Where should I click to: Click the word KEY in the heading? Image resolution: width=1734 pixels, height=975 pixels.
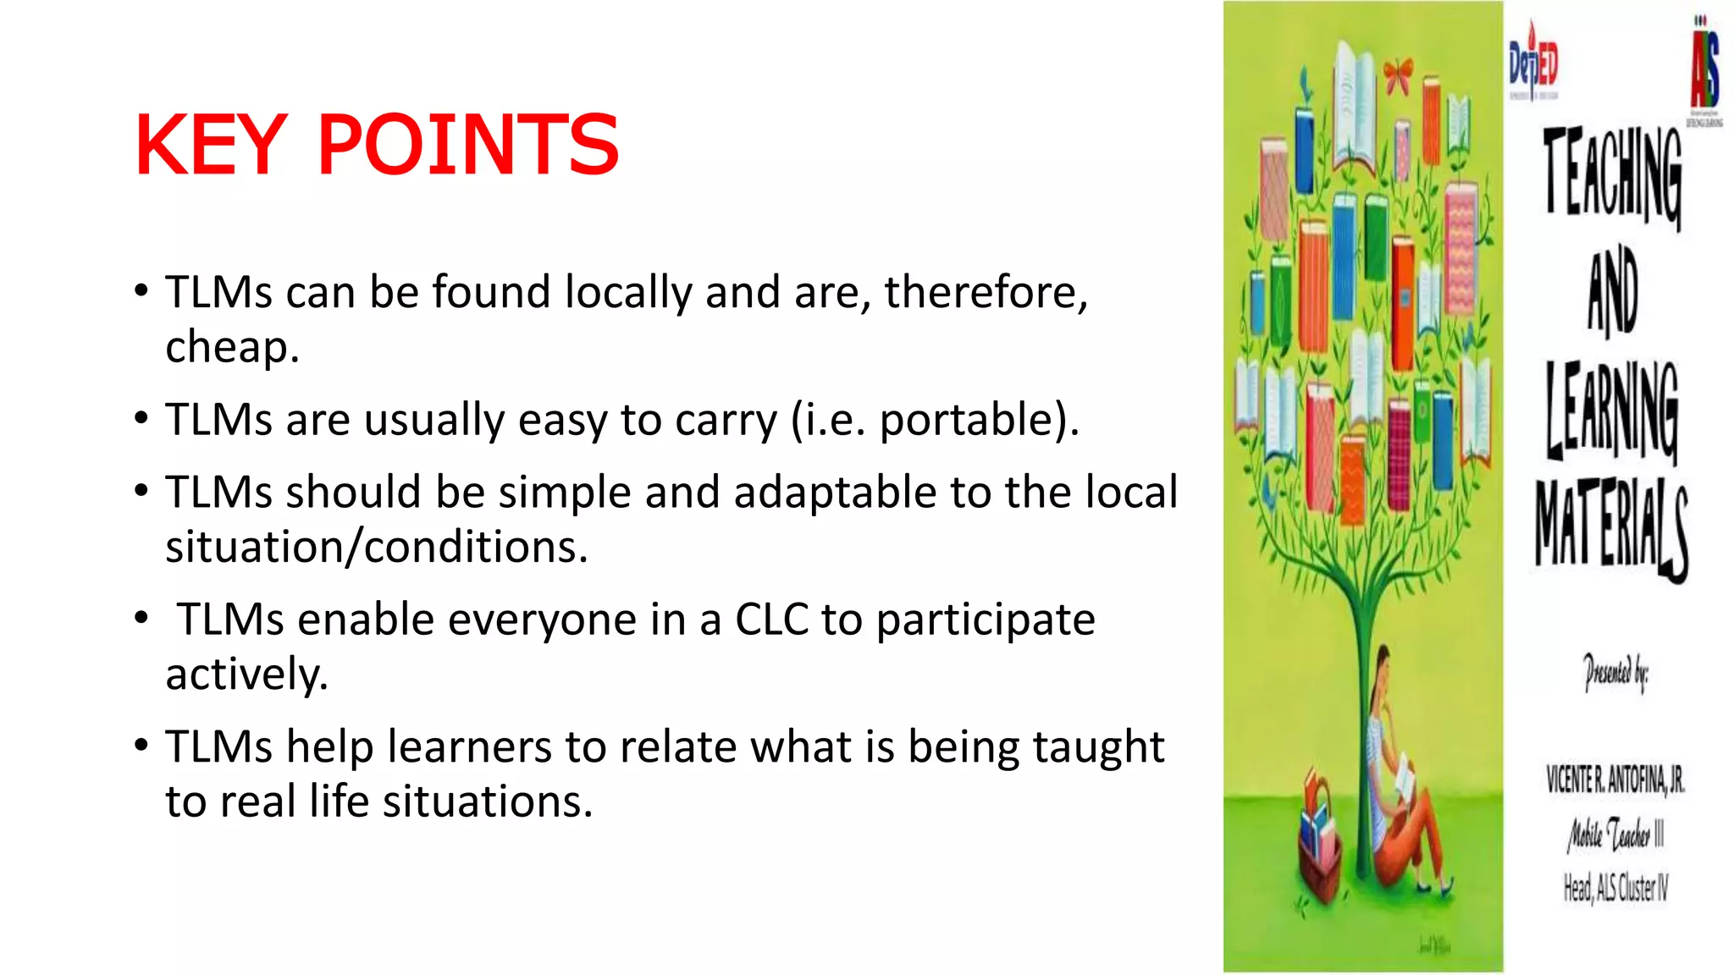click(211, 146)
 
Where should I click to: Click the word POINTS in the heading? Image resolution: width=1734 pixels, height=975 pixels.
click(468, 146)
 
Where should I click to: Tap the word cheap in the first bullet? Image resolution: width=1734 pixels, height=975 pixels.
click(230, 347)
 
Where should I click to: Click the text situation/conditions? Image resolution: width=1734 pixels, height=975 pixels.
click(376, 548)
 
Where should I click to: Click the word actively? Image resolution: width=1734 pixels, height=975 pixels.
click(246, 675)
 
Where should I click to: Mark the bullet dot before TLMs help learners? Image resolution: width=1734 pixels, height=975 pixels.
click(141, 745)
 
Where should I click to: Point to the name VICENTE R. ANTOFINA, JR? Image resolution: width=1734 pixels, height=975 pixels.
click(1615, 779)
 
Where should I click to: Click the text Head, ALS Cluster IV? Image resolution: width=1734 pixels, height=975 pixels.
click(1615, 888)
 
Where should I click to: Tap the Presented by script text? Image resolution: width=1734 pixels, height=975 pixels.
click(1615, 674)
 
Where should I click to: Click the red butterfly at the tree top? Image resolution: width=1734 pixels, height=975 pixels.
click(1399, 73)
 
